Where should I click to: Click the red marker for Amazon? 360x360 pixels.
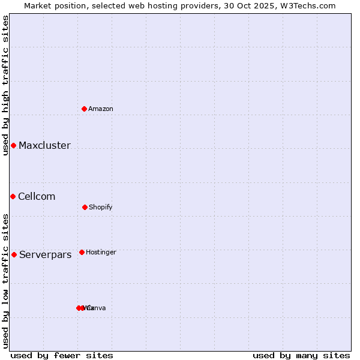[85, 109]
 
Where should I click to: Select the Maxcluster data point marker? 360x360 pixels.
[13, 146]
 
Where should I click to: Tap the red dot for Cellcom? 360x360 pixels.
[13, 197]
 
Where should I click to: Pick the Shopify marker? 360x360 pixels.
[85, 207]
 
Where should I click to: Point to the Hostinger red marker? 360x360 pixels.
[82, 252]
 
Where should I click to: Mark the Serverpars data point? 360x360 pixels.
[14, 254]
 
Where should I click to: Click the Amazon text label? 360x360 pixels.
[101, 109]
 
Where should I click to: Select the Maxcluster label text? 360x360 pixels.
[44, 146]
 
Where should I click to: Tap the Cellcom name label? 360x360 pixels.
[37, 197]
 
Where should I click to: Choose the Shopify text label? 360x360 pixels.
[101, 207]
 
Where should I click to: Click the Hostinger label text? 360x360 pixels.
[101, 252]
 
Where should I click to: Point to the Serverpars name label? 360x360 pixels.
[45, 254]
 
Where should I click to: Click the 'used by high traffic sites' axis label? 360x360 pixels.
[5, 85]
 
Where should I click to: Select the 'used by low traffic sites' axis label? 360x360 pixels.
[5, 281]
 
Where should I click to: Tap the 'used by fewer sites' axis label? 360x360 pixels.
[62, 355]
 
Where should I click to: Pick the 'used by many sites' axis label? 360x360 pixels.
[301, 355]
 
